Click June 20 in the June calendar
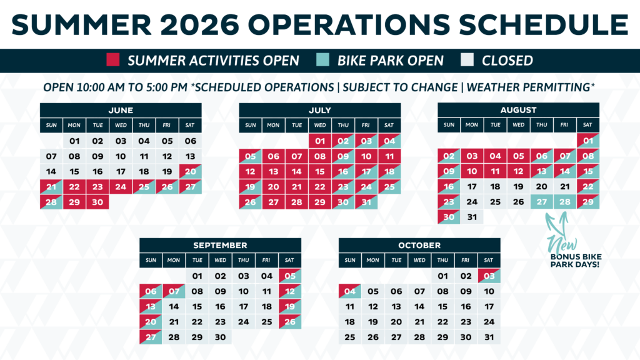tap(190, 171)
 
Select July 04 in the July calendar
tap(389, 141)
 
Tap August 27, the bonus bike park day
tap(542, 202)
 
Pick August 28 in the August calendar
tap(565, 202)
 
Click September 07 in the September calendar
tap(174, 291)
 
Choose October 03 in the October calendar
tap(489, 276)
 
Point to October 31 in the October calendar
tap(489, 337)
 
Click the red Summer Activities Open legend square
tap(113, 59)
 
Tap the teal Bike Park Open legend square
tap(322, 59)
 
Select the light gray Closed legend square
tap(467, 59)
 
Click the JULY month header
tap(319, 110)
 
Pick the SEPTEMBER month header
tap(221, 245)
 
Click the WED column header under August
tap(518, 125)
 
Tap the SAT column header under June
tap(190, 125)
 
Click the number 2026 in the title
tap(199, 24)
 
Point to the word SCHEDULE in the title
tap(544, 24)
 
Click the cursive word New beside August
tap(563, 245)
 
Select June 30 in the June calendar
tap(97, 202)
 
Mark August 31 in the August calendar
tap(472, 217)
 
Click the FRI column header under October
tap(465, 260)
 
